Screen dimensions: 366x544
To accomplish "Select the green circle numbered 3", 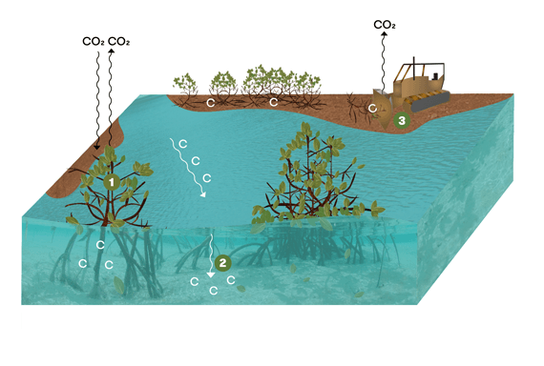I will pyautogui.click(x=402, y=120).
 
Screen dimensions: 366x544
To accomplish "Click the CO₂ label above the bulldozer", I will pyautogui.click(x=386, y=25).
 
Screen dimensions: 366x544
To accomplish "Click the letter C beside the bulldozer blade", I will pyautogui.click(x=372, y=110).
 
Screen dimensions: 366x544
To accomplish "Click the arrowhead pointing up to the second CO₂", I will pyautogui.click(x=113, y=53).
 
